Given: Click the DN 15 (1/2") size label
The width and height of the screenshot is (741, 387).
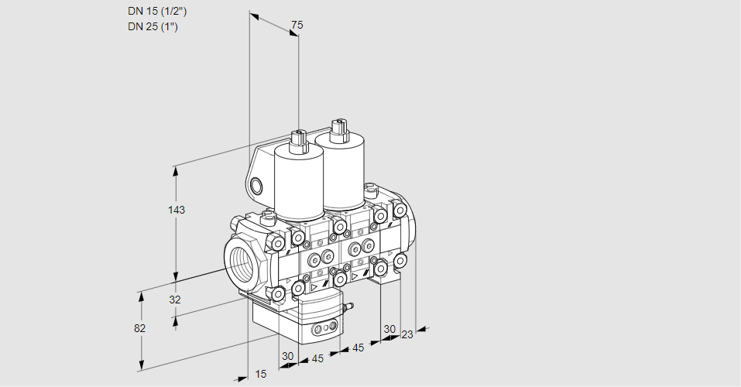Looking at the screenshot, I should click(157, 11).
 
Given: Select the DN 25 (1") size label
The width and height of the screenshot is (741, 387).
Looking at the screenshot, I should click(154, 26).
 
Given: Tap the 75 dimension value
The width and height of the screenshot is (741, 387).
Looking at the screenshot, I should click(296, 26).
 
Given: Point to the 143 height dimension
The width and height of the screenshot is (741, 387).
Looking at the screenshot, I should click(177, 210).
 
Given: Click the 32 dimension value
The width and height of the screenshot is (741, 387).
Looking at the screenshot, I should click(174, 300).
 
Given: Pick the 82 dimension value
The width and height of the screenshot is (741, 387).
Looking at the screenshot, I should click(139, 328).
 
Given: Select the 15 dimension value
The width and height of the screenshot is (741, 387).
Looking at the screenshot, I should click(260, 374).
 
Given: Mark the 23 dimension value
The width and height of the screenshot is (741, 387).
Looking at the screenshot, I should click(407, 334).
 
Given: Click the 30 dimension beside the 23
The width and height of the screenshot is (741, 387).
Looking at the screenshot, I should click(389, 328).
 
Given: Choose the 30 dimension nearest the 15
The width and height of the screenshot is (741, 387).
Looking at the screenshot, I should click(288, 356).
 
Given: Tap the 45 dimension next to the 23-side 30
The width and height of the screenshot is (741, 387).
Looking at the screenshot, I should click(358, 348).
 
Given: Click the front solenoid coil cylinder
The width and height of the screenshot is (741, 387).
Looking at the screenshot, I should click(299, 186).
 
